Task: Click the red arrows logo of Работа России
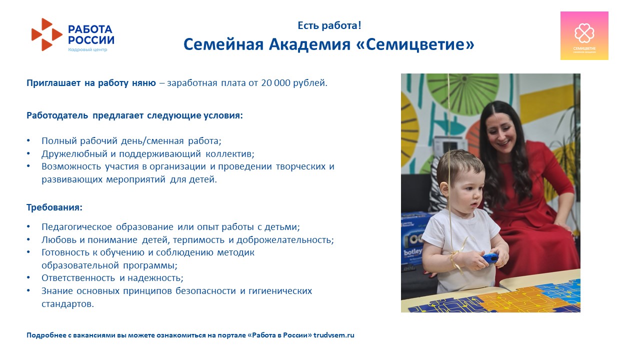pos(47,34)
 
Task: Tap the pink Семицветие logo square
pos(584,35)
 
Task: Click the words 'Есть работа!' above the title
pos(329,25)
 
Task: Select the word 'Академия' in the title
pos(309,44)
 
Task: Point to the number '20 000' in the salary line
pos(275,83)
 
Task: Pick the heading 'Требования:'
pos(54,207)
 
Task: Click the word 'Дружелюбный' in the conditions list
pos(74,154)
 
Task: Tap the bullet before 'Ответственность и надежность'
pos(28,277)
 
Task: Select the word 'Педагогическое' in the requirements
pos(76,227)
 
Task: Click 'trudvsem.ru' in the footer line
pos(333,335)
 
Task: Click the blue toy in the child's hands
pos(490,258)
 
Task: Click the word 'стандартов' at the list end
pos(66,303)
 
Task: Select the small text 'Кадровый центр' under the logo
pos(87,49)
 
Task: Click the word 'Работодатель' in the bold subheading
pos(57,115)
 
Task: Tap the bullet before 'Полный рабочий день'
pos(28,140)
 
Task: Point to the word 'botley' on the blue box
pos(413,252)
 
